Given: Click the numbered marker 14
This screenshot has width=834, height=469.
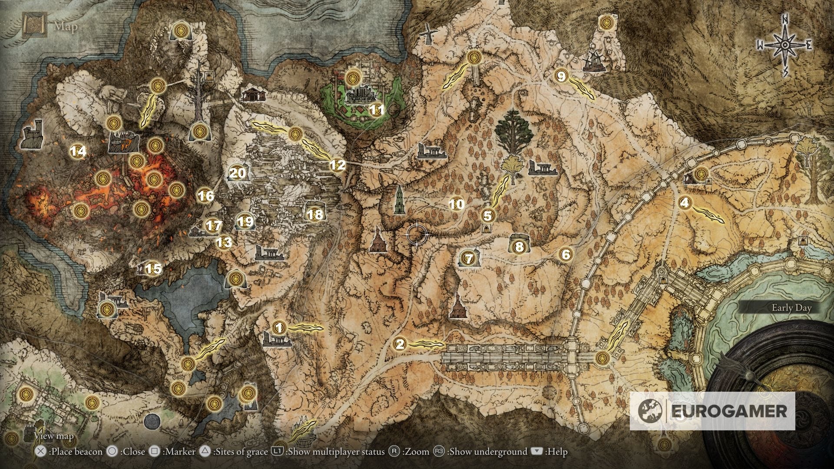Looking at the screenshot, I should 78,151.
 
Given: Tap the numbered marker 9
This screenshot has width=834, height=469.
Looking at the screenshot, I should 561,76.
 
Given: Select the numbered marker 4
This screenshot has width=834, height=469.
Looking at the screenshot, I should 685,202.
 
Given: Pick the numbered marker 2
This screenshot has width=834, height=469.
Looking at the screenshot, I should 400,344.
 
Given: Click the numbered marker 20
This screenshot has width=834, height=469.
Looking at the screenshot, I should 237,173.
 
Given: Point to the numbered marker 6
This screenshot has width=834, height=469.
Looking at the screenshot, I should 566,254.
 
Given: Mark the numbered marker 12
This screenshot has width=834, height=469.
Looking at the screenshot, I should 338,165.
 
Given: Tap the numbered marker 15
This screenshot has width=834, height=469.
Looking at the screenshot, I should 153,269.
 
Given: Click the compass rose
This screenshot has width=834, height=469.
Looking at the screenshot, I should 785,45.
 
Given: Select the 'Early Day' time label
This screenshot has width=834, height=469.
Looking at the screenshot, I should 791,308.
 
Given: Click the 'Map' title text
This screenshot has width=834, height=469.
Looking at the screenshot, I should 66,27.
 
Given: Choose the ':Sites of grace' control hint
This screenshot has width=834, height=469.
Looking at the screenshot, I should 240,452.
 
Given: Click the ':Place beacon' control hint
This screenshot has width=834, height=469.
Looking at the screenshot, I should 76,452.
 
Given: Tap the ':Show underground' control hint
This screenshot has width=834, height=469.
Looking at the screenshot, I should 487,452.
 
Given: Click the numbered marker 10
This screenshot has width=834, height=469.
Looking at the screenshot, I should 456,204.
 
